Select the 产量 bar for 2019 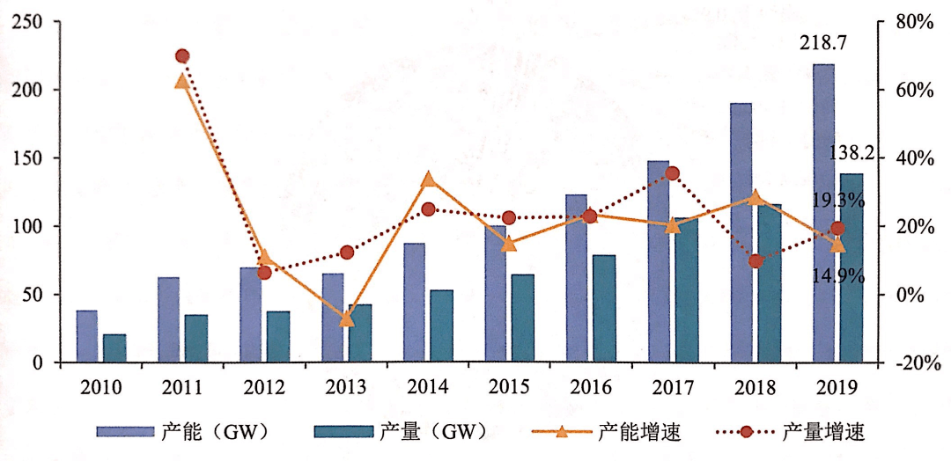point(851,267)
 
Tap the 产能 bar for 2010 point(87,336)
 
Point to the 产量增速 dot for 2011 point(182,56)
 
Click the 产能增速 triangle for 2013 point(345,318)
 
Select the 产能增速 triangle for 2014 point(428,179)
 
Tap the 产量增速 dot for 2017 point(672,173)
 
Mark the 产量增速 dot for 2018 point(756,261)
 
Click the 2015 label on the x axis point(509,385)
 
